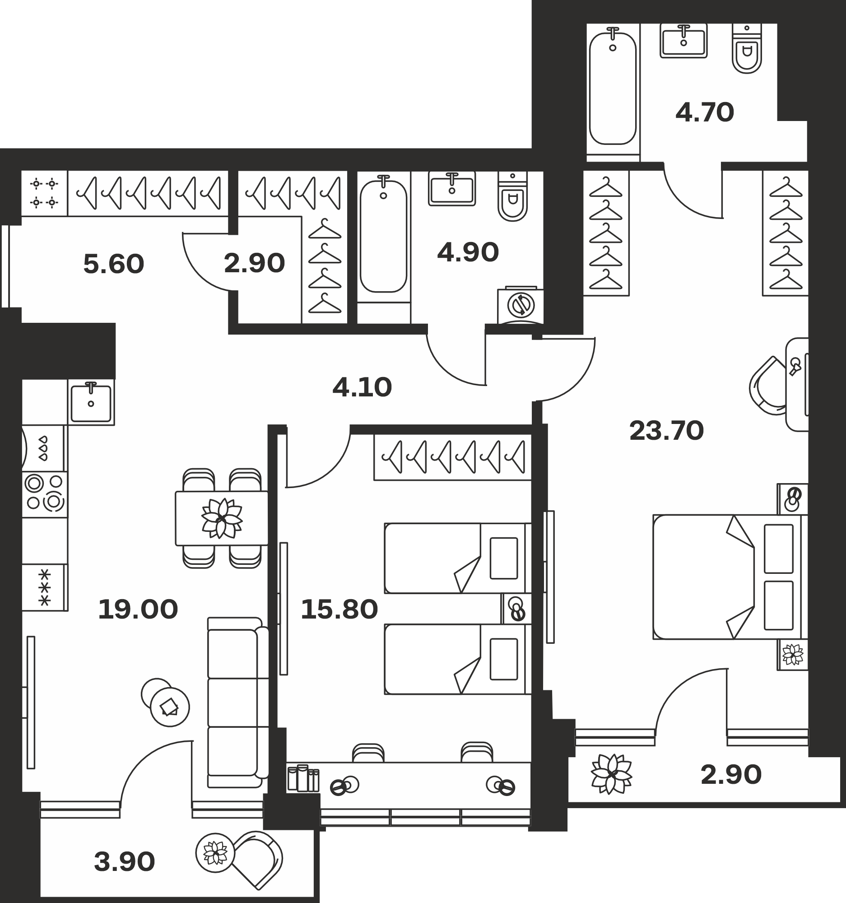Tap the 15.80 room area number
339,610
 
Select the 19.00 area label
138,610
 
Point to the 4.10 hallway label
362,387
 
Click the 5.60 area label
113,264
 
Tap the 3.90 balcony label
125,861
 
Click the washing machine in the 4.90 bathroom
521,305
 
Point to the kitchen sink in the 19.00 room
91,402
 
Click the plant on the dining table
222,518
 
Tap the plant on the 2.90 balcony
611,773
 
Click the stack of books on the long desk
303,778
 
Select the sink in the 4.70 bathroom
683,41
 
